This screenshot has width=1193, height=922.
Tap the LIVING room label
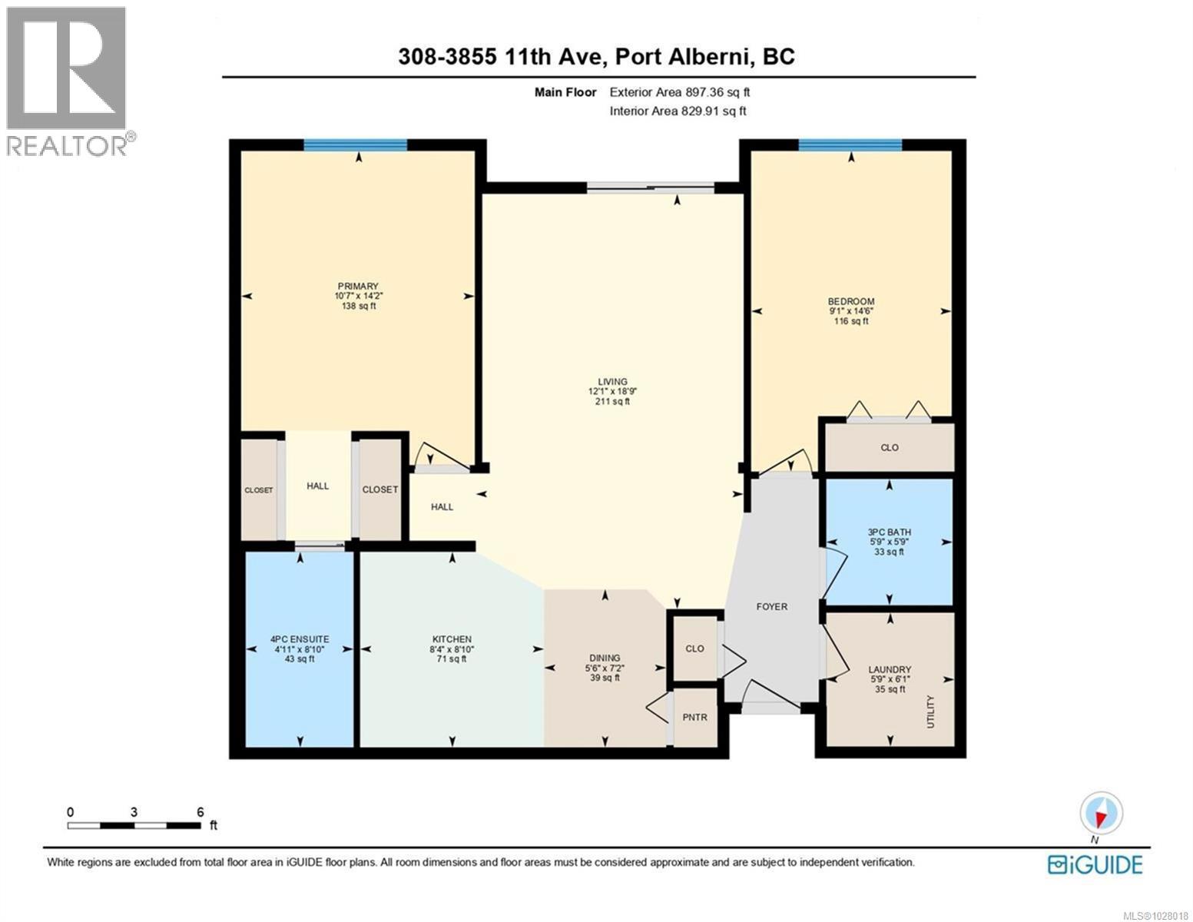(612, 382)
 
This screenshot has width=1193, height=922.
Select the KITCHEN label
(452, 639)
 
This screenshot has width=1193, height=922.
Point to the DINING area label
(605, 658)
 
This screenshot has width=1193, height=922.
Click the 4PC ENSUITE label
(300, 639)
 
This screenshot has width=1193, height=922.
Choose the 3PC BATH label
(889, 532)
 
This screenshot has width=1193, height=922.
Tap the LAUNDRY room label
(890, 670)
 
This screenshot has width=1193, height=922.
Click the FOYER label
(771, 607)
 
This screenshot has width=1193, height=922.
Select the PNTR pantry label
(694, 718)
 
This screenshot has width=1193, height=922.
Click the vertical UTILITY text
(930, 711)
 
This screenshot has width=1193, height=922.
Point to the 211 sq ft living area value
(612, 401)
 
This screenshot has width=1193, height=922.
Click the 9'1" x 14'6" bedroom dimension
(850, 311)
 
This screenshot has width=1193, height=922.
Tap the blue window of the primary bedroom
(355, 145)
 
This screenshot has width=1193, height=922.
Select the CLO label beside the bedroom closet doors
(890, 448)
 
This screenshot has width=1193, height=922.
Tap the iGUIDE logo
(1095, 864)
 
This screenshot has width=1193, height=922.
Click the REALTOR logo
(68, 81)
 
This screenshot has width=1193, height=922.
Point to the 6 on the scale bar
(200, 812)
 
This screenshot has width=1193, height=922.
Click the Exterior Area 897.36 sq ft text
(679, 92)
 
